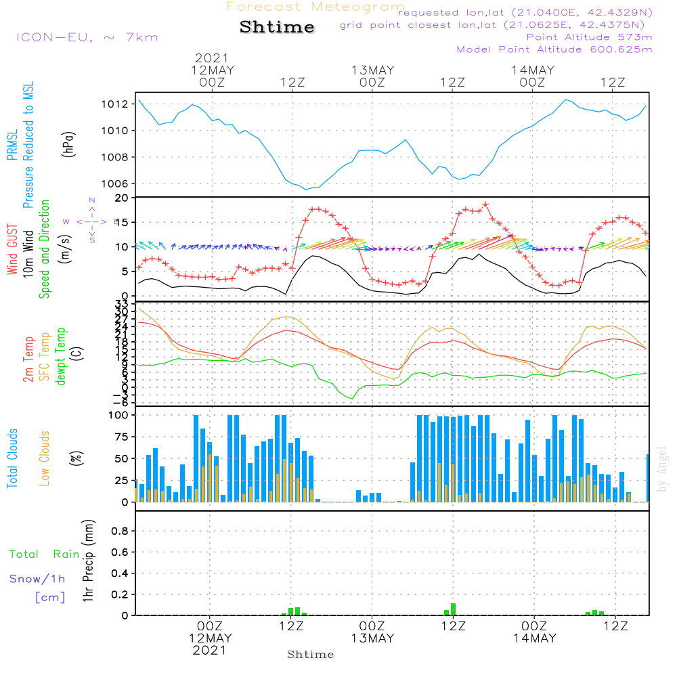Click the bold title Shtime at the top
click(x=277, y=27)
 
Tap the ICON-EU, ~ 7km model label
click(x=87, y=37)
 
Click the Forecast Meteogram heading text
click(x=315, y=7)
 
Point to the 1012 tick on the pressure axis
click(x=115, y=104)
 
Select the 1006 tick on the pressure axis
click(x=115, y=183)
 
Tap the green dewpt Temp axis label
click(x=61, y=357)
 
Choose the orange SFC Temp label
click(x=45, y=357)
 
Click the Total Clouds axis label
click(x=12, y=458)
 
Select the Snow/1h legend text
click(x=38, y=579)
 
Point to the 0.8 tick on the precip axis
click(x=119, y=531)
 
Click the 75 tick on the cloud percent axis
click(x=119, y=437)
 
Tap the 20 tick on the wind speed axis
click(x=122, y=198)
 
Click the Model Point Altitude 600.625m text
click(x=554, y=49)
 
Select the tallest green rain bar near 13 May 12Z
click(x=453, y=609)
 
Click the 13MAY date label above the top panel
click(x=372, y=70)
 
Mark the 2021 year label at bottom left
click(x=210, y=650)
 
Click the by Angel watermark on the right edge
click(x=663, y=469)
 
